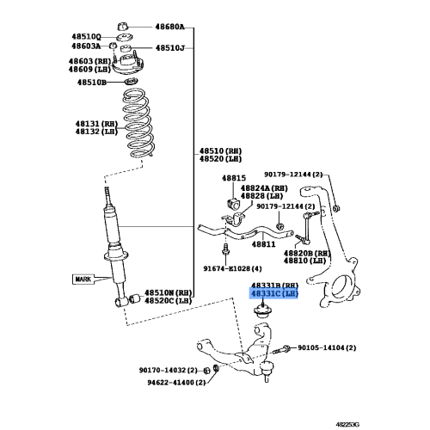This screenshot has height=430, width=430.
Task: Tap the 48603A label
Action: tap(85, 46)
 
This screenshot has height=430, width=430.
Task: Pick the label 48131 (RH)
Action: tap(95, 123)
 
